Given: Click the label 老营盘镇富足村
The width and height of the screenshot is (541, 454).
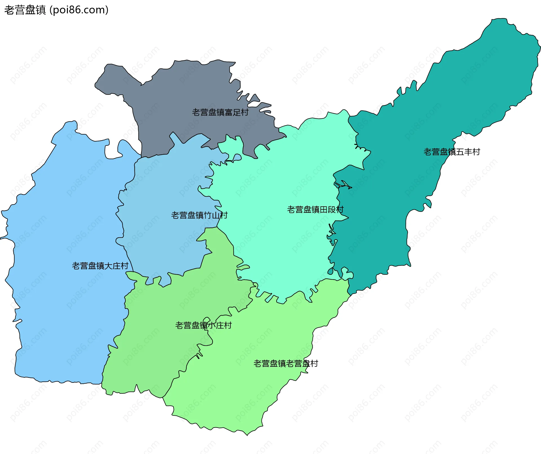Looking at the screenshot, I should pyautogui.click(x=220, y=113).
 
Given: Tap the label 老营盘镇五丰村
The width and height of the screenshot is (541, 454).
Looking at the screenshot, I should pyautogui.click(x=452, y=152).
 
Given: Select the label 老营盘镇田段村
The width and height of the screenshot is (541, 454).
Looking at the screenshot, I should pyautogui.click(x=315, y=210).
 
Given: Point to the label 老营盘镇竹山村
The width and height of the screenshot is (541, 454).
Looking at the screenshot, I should pyautogui.click(x=199, y=215).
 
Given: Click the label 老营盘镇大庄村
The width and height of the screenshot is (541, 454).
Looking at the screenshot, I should pyautogui.click(x=100, y=266).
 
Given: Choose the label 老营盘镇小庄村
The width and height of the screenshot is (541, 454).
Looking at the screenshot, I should pyautogui.click(x=203, y=325).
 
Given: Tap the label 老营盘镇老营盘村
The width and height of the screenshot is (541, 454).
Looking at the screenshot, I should pyautogui.click(x=285, y=364).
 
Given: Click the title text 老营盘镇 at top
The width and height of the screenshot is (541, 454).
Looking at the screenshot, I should pyautogui.click(x=25, y=10).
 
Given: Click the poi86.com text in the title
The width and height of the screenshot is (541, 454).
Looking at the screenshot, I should pyautogui.click(x=79, y=10).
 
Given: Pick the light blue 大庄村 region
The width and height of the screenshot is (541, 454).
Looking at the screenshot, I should pyautogui.click(x=65, y=211).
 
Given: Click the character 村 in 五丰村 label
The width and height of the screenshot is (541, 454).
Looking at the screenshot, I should pyautogui.click(x=476, y=152).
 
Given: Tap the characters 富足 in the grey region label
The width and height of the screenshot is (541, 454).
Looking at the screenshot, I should pyautogui.click(x=232, y=113).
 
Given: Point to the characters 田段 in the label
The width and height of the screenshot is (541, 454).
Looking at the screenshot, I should pyautogui.click(x=327, y=210).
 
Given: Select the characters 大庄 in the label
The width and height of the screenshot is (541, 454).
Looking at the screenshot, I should pyautogui.click(x=112, y=266).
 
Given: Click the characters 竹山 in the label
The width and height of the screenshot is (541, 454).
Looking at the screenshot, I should pyautogui.click(x=211, y=215).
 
